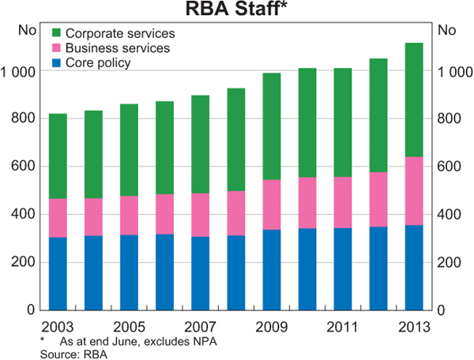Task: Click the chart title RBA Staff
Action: click(235, 10)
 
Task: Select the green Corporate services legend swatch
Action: click(56, 34)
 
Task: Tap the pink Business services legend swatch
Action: click(56, 48)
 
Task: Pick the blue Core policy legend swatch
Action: click(56, 62)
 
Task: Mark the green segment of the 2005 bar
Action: click(129, 150)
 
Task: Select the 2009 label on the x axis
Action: click(271, 326)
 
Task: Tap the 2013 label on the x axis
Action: click(413, 326)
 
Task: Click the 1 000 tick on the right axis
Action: click(454, 71)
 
